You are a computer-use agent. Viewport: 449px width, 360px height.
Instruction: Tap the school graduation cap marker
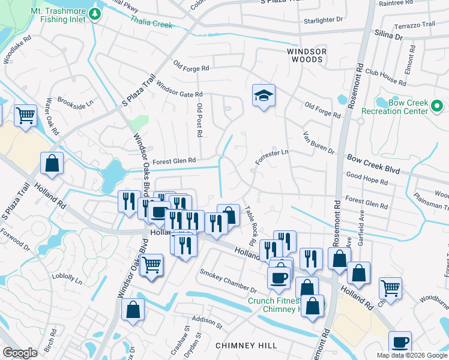263,97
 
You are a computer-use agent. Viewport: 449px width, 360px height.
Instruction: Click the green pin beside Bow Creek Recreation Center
438,107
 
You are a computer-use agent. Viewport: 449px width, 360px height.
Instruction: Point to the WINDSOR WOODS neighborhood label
306,56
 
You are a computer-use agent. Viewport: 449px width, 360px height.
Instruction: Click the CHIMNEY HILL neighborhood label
246,346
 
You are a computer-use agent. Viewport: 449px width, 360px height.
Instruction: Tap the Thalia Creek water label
152,22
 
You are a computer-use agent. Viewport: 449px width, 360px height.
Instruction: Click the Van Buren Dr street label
318,142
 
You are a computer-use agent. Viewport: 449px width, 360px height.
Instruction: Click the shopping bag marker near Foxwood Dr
52,163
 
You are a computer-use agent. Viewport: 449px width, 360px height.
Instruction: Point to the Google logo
20,353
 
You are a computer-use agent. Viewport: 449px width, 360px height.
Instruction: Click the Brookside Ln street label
76,102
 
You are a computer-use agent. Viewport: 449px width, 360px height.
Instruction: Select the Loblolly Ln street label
66,279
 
